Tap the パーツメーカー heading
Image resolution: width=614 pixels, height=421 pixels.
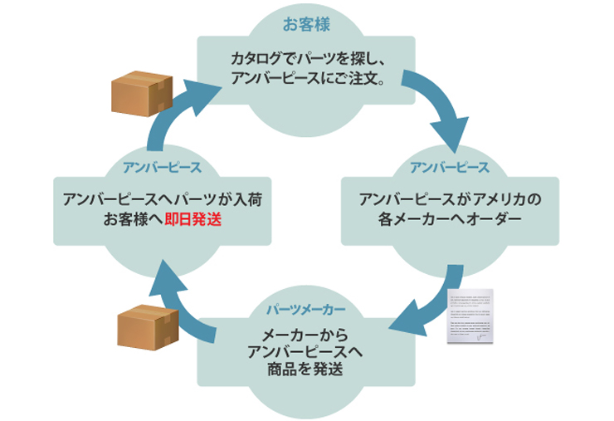[x=305, y=310]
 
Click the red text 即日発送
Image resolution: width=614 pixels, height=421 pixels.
[x=192, y=220]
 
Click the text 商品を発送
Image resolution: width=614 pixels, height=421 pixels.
[x=305, y=370]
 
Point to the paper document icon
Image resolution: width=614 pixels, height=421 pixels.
[x=470, y=316]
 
